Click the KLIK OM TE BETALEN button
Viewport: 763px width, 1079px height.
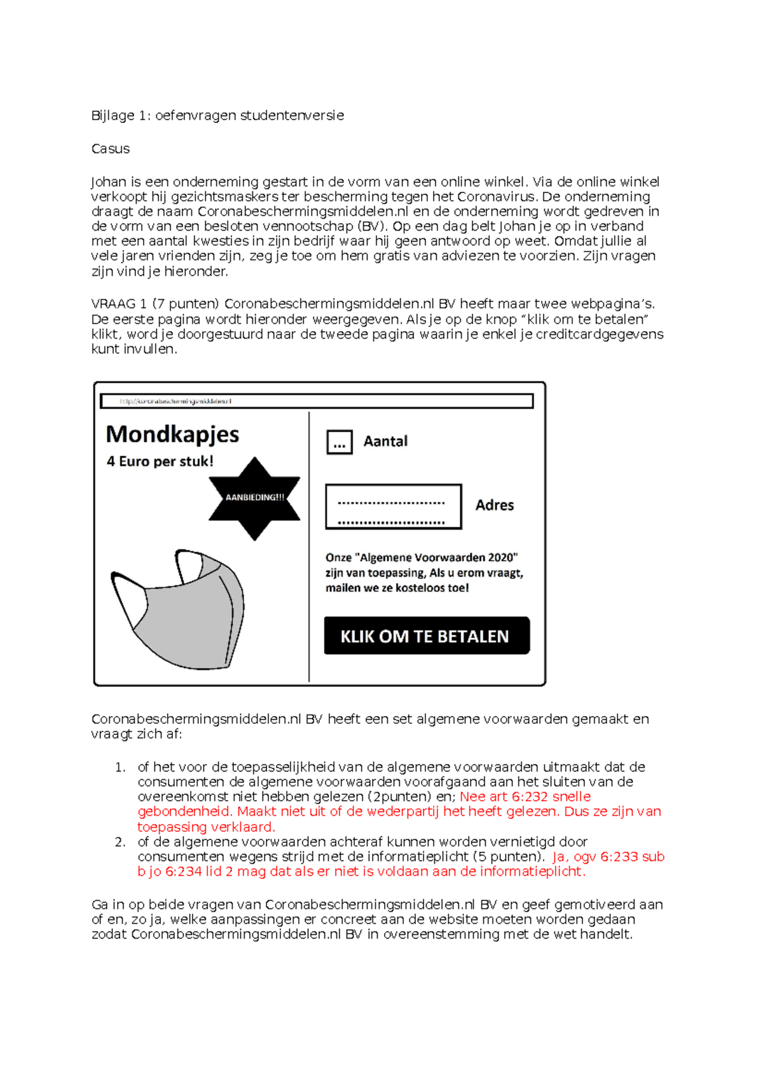pyautogui.click(x=426, y=635)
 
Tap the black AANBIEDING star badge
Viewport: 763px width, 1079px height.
pyautogui.click(x=254, y=498)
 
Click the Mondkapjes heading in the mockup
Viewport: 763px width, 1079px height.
pyautogui.click(x=172, y=435)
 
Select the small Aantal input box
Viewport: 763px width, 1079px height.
pyautogui.click(x=340, y=442)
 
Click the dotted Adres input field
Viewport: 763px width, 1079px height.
pyautogui.click(x=394, y=506)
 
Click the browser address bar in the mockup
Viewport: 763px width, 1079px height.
pyautogui.click(x=316, y=401)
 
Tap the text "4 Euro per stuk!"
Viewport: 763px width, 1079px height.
pyautogui.click(x=160, y=462)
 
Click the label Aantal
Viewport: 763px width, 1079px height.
pyautogui.click(x=385, y=442)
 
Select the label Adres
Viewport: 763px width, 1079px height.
pyautogui.click(x=495, y=505)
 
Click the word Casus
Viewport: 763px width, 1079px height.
pyautogui.click(x=111, y=149)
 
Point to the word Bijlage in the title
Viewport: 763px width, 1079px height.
pyautogui.click(x=113, y=116)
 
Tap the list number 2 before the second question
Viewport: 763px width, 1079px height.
pyautogui.click(x=120, y=842)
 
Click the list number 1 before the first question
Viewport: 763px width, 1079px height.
pyautogui.click(x=120, y=768)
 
